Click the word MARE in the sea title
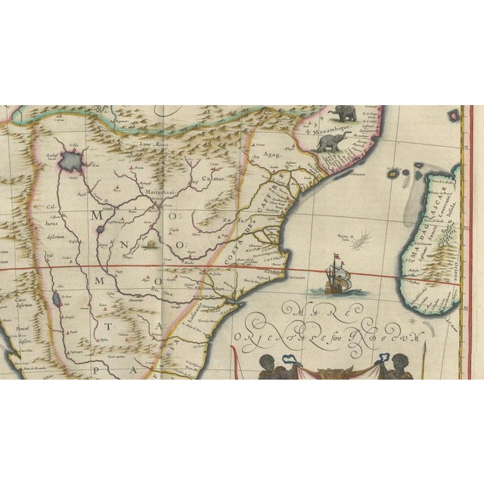[x=310, y=312]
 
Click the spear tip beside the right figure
[x=427, y=349]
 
